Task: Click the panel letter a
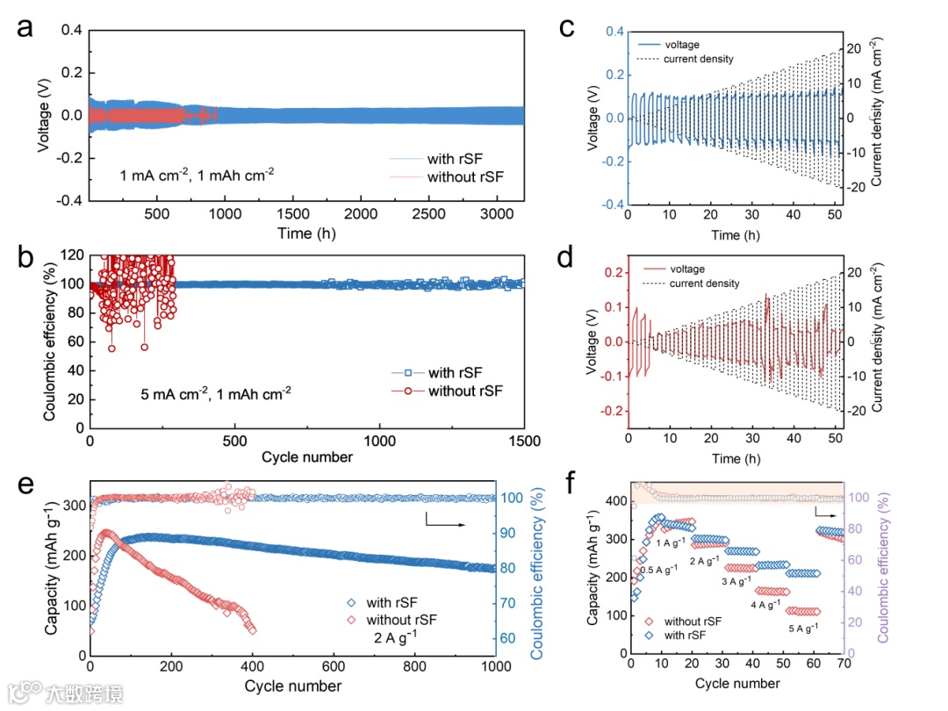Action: coord(25,28)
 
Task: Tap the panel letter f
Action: coord(572,482)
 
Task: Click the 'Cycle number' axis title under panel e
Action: coord(293,685)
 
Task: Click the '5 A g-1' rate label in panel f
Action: coord(801,627)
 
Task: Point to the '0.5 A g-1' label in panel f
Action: coord(658,569)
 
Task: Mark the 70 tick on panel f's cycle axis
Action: coord(843,664)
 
